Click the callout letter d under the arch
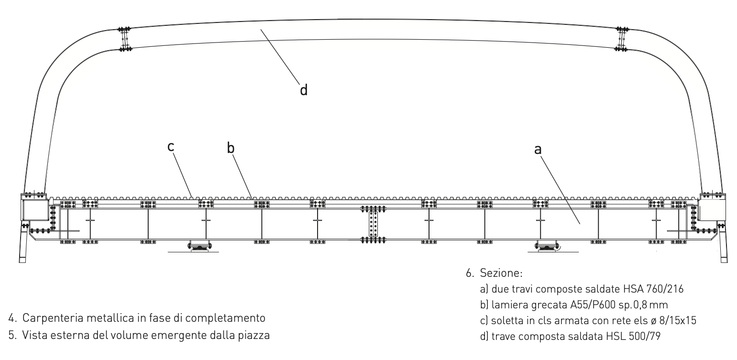[x=303, y=89]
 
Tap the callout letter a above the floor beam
[x=538, y=149]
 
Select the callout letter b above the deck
[x=231, y=148]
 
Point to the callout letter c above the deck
[x=170, y=147]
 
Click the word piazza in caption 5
[x=256, y=335]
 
